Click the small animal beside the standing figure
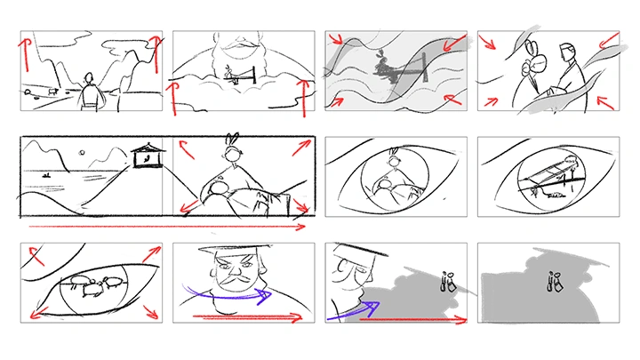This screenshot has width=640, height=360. tap(52, 91)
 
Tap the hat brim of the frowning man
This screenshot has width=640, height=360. tap(235, 252)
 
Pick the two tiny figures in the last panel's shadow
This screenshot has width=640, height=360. tap(556, 283)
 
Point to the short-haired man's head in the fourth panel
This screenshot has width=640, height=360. tap(565, 52)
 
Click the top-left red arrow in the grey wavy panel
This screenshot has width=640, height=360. tap(336, 40)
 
